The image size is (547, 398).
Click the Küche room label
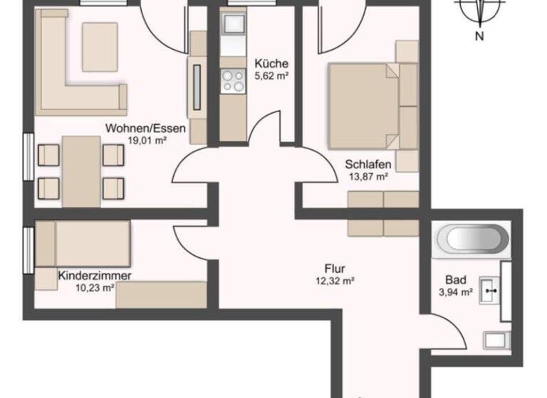pyautogui.click(x=270, y=63)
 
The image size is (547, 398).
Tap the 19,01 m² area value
pyautogui.click(x=146, y=140)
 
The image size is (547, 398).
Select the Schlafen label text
pyautogui.click(x=368, y=164)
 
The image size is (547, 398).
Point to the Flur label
pyautogui.click(x=335, y=269)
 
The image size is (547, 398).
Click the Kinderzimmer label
pyautogui.click(x=95, y=275)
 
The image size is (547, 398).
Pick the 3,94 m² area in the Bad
pyautogui.click(x=457, y=291)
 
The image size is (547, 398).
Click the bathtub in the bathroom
pyautogui.click(x=473, y=239)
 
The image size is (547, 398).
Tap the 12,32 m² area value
pyautogui.click(x=335, y=281)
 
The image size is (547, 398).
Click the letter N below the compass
pyautogui.click(x=479, y=37)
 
